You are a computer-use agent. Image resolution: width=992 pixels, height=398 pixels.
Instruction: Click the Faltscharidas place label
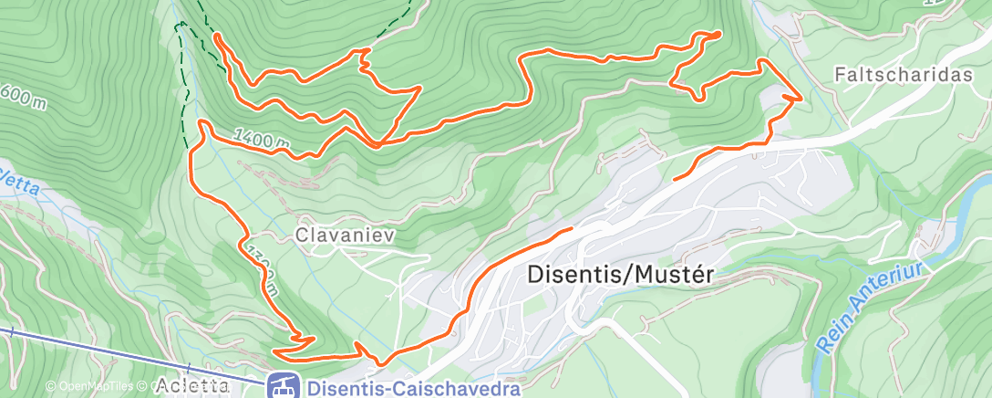tap(904, 75)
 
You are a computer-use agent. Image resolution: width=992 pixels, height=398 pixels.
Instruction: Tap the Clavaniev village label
tap(344, 235)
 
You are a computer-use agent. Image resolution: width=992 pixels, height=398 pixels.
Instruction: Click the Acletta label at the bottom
tap(191, 384)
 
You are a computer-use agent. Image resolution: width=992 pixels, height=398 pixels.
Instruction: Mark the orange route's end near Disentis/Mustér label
tap(571, 228)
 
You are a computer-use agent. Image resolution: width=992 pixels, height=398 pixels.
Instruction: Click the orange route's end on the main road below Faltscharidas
tap(676, 180)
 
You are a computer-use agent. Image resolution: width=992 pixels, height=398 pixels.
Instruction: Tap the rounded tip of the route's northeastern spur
tap(718, 34)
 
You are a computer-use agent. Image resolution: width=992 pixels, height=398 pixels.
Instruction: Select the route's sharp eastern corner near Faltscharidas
tap(801, 97)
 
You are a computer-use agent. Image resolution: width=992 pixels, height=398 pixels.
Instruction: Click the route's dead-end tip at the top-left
tap(216, 36)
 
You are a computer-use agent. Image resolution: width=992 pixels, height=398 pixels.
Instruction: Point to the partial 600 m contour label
tap(22, 95)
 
